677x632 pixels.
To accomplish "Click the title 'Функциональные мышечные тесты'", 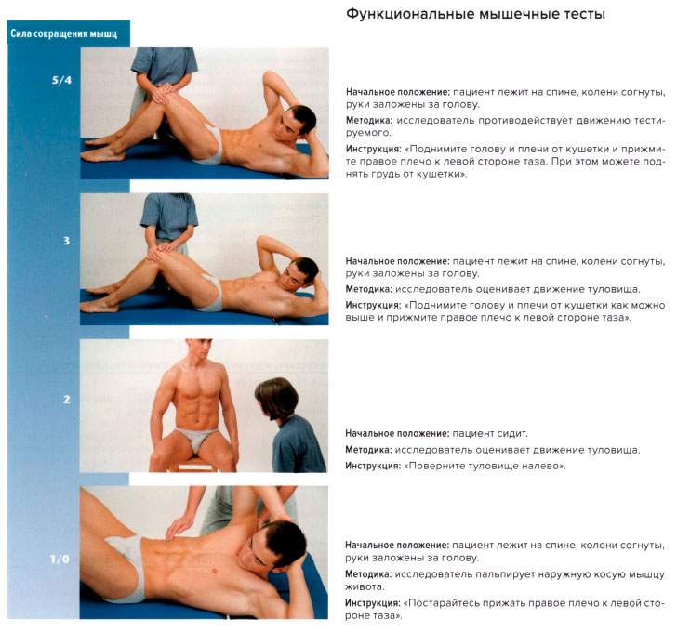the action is click(x=475, y=14).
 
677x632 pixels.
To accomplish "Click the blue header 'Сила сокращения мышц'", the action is click(x=64, y=33).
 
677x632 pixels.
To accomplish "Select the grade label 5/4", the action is click(x=61, y=80).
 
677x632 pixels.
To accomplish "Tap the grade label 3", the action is click(x=67, y=241).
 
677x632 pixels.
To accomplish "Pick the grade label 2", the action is click(x=67, y=399).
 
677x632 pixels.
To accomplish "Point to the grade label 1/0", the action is click(x=60, y=560).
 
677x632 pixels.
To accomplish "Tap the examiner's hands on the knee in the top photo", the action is click(x=163, y=92).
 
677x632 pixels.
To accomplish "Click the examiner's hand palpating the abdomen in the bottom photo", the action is click(x=179, y=526).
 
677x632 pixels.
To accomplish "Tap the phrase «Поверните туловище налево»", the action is click(x=485, y=466).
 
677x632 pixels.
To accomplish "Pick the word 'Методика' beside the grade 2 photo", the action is click(x=368, y=450).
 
